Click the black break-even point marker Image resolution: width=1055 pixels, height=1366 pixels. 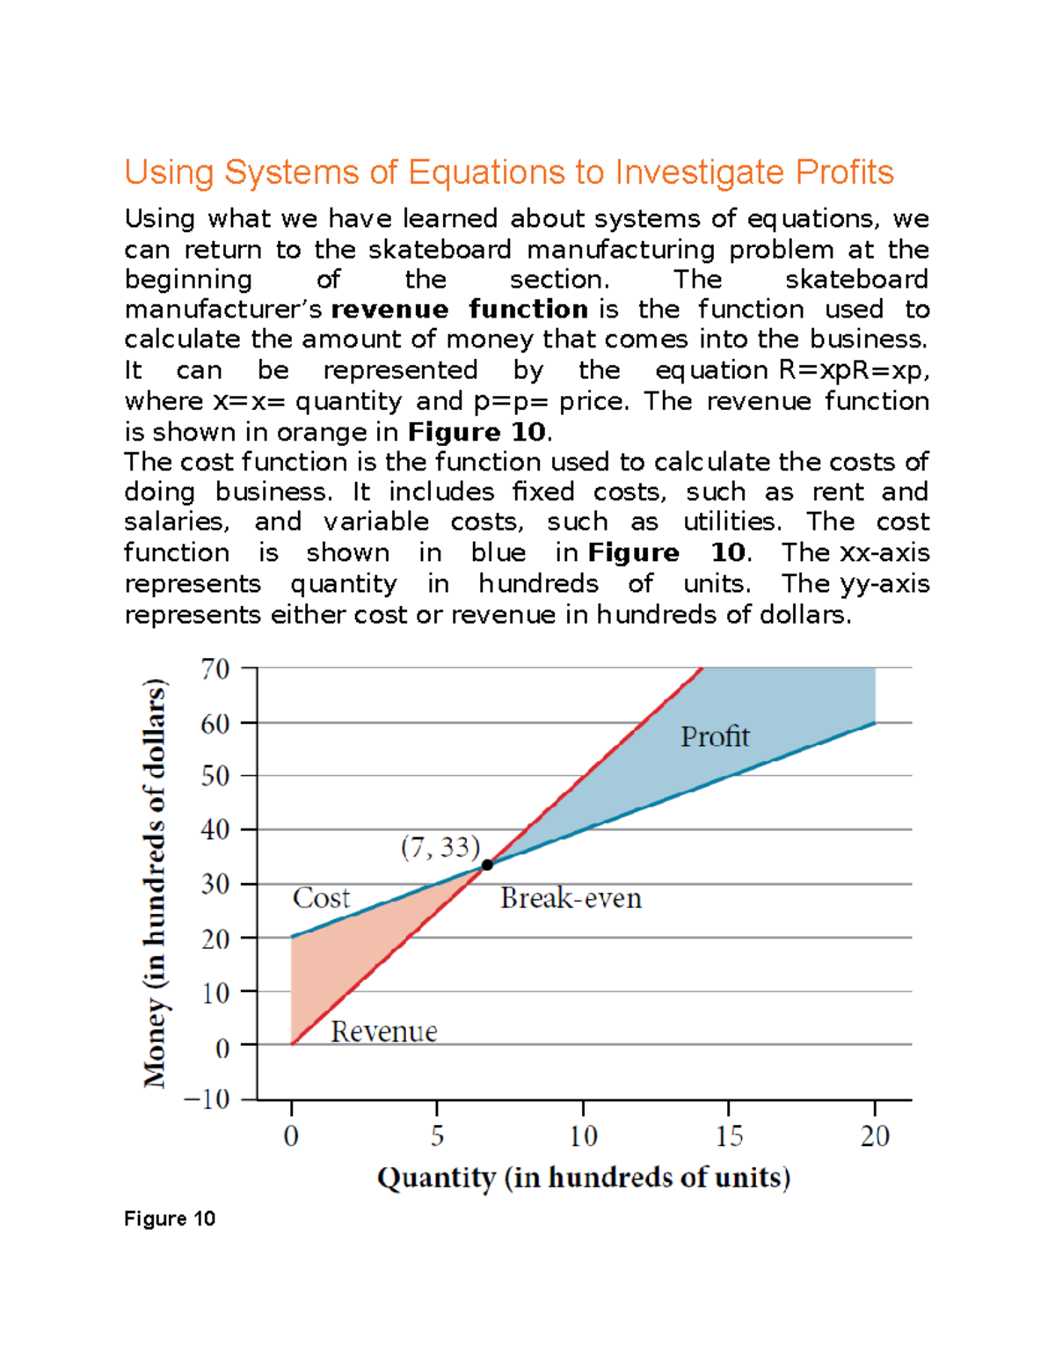click(x=487, y=865)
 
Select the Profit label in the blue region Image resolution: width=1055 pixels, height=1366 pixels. click(x=715, y=736)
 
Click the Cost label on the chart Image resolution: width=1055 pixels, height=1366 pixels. click(x=321, y=897)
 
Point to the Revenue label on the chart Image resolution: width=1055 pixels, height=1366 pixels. click(x=384, y=1032)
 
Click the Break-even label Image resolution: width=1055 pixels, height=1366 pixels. click(x=571, y=898)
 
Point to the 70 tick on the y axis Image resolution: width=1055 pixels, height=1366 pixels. click(x=215, y=668)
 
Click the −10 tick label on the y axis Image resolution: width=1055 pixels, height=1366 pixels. click(x=206, y=1099)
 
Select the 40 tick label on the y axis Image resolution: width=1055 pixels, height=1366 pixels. click(x=215, y=829)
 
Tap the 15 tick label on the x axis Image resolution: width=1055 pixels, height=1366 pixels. click(x=729, y=1136)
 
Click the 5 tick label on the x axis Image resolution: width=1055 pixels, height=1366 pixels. click(x=437, y=1136)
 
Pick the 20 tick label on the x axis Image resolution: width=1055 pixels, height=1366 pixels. click(x=875, y=1136)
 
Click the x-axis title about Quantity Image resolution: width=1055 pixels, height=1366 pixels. click(x=584, y=1178)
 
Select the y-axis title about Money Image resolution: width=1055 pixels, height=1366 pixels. click(x=155, y=884)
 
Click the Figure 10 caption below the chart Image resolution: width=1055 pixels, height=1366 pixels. click(x=170, y=1219)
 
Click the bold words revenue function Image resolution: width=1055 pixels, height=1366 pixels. click(x=459, y=310)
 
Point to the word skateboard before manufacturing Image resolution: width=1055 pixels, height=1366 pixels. click(x=440, y=250)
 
